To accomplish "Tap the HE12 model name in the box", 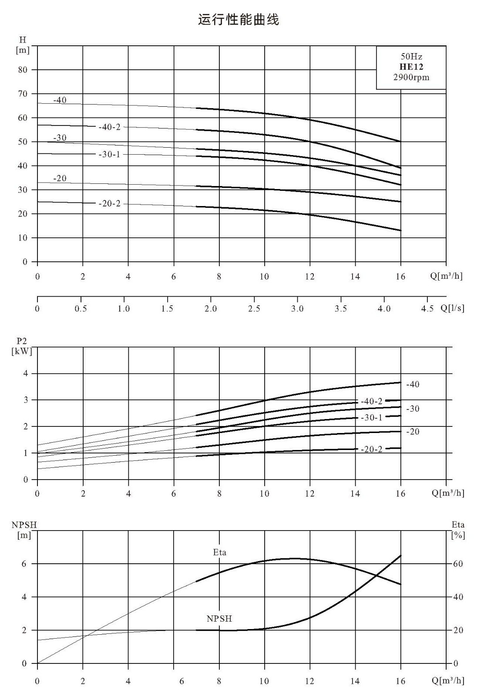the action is (411, 67).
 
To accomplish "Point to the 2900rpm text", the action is (411, 77).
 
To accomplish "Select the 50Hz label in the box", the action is (411, 56).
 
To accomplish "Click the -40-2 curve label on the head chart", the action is (109, 127).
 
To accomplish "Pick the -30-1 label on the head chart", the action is (109, 154).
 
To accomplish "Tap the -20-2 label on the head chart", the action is (109, 203).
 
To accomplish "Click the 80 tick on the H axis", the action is (23, 70).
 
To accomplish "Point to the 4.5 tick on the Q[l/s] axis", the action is (427, 308).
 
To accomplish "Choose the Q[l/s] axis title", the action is (452, 308).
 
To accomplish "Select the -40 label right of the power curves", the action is (413, 384).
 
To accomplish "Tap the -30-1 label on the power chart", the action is (371, 417).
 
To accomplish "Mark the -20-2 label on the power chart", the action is (371, 449).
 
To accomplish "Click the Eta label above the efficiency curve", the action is (219, 552).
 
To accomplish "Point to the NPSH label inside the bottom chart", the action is (219, 619).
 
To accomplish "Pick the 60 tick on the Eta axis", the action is (458, 564).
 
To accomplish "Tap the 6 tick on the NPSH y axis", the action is (24, 564).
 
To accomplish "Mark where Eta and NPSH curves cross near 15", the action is (378, 575).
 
